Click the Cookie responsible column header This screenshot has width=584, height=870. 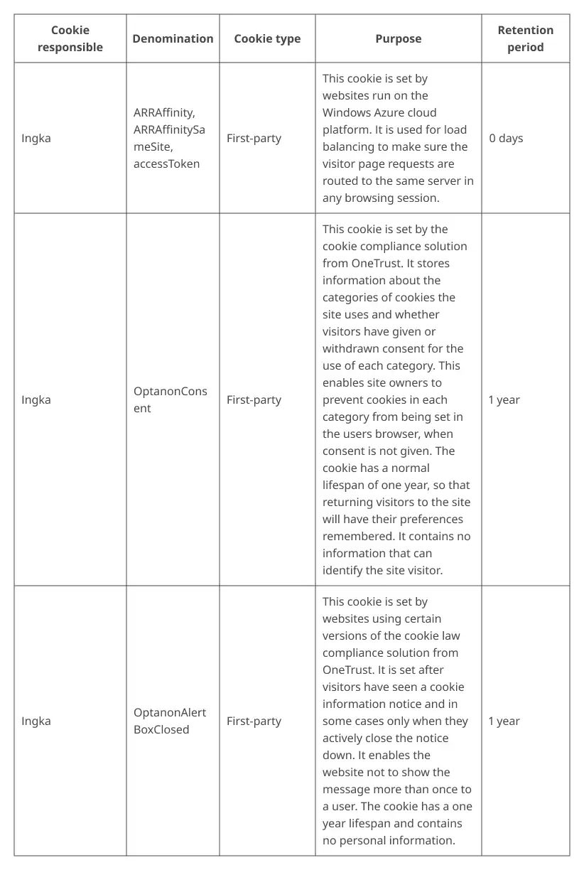tap(70, 38)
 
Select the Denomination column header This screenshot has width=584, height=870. tap(173, 38)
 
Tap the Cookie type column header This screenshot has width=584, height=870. tap(267, 38)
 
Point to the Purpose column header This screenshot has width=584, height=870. tap(398, 38)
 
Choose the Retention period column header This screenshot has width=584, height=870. tap(525, 38)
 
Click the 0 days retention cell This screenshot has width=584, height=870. tap(506, 138)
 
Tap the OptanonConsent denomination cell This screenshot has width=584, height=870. tap(171, 399)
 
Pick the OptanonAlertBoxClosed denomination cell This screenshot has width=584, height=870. tap(170, 721)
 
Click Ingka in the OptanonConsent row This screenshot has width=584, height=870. tap(36, 399)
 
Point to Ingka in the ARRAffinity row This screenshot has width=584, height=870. tap(36, 138)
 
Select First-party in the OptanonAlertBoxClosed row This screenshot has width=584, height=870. tap(254, 721)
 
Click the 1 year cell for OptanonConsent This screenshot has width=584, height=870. tap(504, 399)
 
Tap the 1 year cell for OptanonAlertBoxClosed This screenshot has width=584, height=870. tap(504, 721)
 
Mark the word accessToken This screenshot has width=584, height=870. tap(166, 163)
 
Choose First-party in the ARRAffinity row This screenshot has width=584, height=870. tap(254, 138)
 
